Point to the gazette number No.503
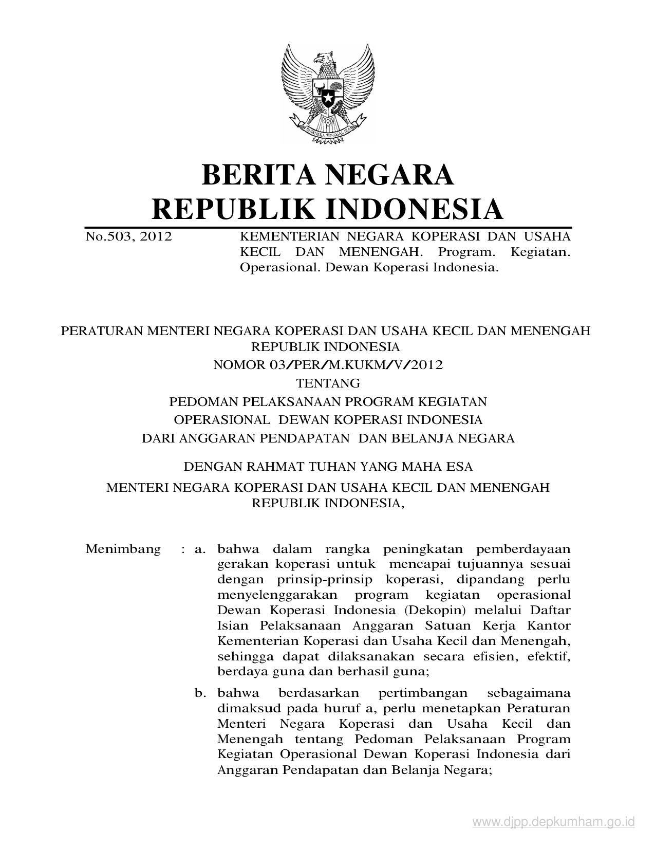(x=108, y=236)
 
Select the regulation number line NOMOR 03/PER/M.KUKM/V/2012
(x=328, y=365)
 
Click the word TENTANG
(x=328, y=383)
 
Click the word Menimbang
(x=123, y=549)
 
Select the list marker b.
(x=200, y=693)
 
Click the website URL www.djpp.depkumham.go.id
(x=553, y=822)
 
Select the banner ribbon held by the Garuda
(x=327, y=132)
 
